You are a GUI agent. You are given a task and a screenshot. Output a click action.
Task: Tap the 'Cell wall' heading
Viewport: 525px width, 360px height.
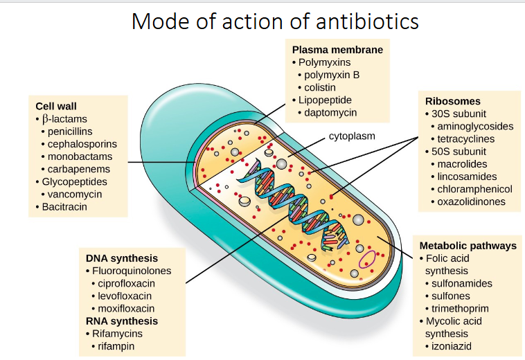tap(56, 106)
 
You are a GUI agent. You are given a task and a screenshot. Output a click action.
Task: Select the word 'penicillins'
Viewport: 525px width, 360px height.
tap(70, 131)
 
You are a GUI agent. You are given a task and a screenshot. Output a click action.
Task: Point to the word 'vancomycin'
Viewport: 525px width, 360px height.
tap(75, 194)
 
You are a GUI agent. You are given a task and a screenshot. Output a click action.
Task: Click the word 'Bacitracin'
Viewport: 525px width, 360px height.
tap(64, 206)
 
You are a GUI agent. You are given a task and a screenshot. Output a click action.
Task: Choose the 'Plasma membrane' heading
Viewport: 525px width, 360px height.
tap(337, 50)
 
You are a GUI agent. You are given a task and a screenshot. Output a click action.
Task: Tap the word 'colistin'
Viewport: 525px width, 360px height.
tap(320, 87)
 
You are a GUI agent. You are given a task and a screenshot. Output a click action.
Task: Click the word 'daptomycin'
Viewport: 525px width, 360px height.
tap(330, 112)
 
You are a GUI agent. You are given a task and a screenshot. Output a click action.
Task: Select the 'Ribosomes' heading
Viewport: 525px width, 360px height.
tap(452, 101)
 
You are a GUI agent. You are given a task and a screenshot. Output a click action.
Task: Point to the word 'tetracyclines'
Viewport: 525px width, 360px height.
tap(470, 138)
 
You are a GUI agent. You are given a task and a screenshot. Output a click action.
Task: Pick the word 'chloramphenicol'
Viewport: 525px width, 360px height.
tap(474, 189)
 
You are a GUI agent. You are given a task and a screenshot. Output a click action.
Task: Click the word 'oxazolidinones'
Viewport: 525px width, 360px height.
tap(471, 201)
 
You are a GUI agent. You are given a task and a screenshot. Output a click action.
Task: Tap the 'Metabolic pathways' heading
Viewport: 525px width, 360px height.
tap(468, 246)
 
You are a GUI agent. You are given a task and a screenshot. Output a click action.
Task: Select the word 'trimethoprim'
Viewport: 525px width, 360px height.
tap(460, 308)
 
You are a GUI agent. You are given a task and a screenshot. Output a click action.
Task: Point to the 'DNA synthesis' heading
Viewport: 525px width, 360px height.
tap(122, 258)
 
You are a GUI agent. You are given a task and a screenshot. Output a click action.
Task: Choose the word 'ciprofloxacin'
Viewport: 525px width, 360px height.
tap(126, 283)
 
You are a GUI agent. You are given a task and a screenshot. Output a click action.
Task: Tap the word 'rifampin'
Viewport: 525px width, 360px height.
tap(116, 345)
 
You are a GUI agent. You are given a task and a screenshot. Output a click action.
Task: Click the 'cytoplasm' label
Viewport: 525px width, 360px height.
tap(352, 136)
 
